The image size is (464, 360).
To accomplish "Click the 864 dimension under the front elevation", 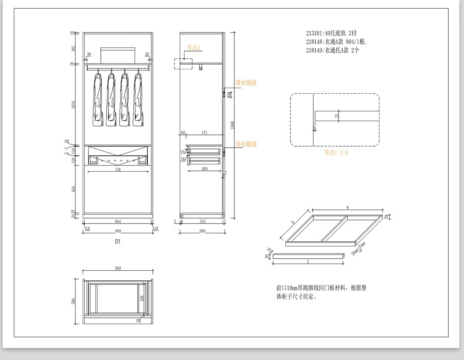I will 118,222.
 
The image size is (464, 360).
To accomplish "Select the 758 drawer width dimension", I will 118,169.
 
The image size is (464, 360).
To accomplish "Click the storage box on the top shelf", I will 118,55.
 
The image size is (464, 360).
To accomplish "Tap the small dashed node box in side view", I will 183,64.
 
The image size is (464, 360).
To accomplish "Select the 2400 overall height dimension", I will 232,125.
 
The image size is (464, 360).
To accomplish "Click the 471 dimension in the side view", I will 204,133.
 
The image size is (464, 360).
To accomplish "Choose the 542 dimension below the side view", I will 202,222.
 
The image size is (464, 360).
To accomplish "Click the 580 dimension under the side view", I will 202,231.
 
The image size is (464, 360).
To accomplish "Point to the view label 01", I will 118,241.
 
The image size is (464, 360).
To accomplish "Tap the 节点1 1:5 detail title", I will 336,153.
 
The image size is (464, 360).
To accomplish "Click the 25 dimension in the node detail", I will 337,116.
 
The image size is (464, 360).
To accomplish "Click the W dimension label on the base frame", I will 348,208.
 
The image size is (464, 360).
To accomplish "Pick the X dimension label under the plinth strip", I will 308,262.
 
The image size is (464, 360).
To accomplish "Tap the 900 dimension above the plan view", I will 118,268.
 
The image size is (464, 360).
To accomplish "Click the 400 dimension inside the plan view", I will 142,298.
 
